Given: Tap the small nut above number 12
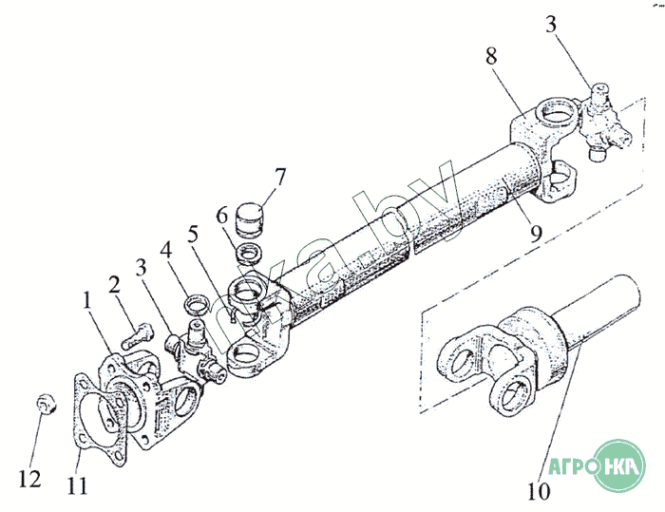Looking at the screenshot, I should point(43,405).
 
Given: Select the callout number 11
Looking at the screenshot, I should point(77,485).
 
